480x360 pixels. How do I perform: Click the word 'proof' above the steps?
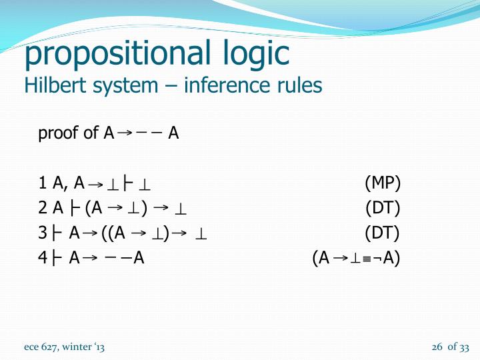59,133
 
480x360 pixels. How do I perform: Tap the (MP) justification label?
383,183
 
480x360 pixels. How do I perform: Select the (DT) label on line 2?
383,208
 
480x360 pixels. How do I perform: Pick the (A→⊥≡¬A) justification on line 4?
356,258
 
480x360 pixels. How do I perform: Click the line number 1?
42,183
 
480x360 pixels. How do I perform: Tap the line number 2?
42,208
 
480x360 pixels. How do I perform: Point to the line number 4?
42,258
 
